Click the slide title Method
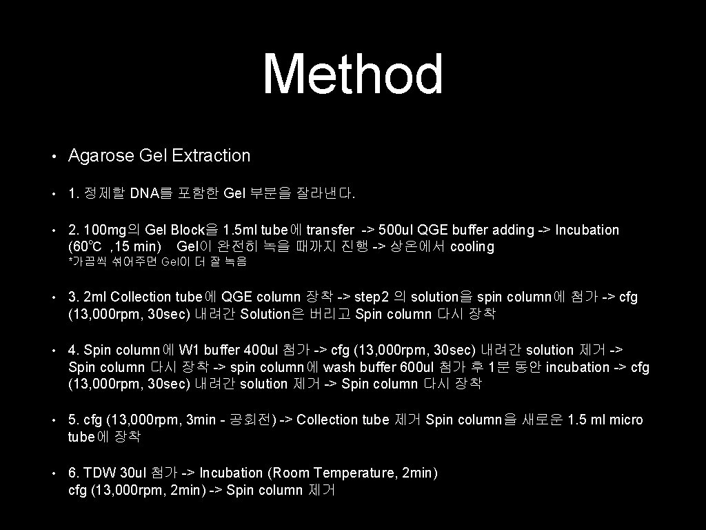pyautogui.click(x=353, y=75)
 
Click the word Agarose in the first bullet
pyautogui.click(x=101, y=156)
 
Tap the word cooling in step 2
pyautogui.click(x=472, y=247)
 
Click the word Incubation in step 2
pyautogui.click(x=587, y=230)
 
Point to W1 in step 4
pyautogui.click(x=188, y=351)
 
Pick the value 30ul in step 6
pyautogui.click(x=133, y=473)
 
